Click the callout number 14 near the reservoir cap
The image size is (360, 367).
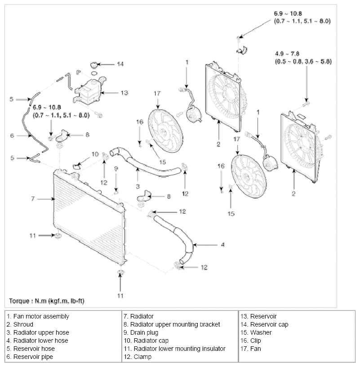click(120, 64)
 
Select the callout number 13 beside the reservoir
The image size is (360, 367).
click(124, 93)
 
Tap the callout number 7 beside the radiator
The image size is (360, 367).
click(33, 199)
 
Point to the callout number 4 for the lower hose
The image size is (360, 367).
click(222, 245)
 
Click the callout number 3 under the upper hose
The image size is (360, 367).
click(138, 186)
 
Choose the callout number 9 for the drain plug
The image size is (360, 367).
click(116, 168)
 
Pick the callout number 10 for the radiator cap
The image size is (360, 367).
click(95, 154)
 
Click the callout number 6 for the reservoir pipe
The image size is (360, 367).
click(12, 136)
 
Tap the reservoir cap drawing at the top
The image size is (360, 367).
click(93, 64)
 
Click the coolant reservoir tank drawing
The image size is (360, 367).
click(89, 91)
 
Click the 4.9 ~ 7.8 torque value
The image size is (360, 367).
click(287, 53)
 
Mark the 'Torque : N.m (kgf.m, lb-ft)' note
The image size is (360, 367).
click(46, 301)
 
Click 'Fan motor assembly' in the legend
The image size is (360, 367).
click(41, 316)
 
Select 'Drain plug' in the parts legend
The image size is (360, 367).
click(144, 332)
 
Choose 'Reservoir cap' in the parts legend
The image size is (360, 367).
click(269, 324)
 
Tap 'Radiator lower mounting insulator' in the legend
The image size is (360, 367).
click(179, 349)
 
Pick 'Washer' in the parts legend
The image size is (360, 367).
click(261, 332)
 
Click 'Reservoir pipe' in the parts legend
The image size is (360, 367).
click(33, 357)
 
